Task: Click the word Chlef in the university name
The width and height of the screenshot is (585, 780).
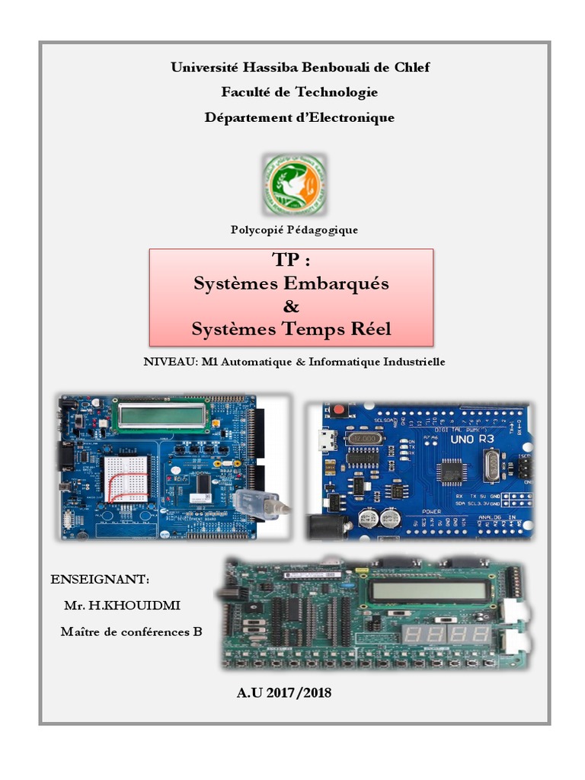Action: click(411, 67)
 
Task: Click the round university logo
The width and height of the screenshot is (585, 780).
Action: click(294, 184)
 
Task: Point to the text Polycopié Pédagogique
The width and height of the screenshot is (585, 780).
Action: click(294, 229)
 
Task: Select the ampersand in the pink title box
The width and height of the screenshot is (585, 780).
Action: click(291, 306)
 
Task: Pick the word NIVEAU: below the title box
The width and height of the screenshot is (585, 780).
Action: click(168, 362)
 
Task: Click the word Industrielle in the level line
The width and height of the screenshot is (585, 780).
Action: click(408, 362)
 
